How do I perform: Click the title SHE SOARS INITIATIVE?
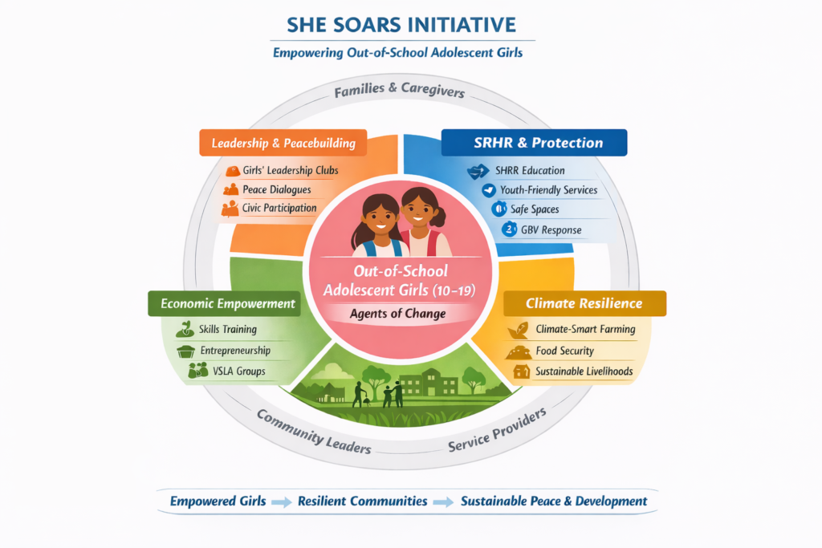pyautogui.click(x=401, y=25)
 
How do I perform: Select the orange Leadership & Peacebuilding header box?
pyautogui.click(x=283, y=144)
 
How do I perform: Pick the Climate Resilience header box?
pyautogui.click(x=584, y=303)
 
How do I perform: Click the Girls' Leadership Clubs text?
pyautogui.click(x=291, y=171)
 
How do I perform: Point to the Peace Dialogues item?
pyautogui.click(x=277, y=190)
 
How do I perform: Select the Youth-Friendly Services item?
pyautogui.click(x=548, y=190)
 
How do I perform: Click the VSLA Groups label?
pyautogui.click(x=233, y=371)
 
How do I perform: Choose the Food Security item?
pyautogui.click(x=564, y=351)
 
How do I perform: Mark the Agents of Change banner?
pyautogui.click(x=398, y=314)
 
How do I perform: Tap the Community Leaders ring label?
pyautogui.click(x=314, y=431)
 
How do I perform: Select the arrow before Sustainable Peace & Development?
pyautogui.click(x=444, y=501)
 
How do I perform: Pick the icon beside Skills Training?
pyautogui.click(x=185, y=329)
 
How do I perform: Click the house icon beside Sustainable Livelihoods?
pyautogui.click(x=521, y=371)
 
